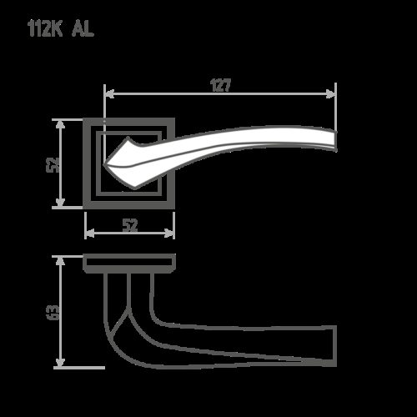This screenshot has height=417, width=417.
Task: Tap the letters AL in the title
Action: (83, 30)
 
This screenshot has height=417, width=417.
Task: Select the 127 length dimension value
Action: (219, 85)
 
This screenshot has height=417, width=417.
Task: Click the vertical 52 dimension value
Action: (53, 163)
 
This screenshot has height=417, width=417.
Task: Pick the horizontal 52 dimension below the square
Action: (130, 224)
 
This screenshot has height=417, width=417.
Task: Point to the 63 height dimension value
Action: (53, 312)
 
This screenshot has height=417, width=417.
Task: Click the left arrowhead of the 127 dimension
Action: (108, 93)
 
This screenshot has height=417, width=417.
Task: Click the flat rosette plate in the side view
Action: (130, 263)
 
